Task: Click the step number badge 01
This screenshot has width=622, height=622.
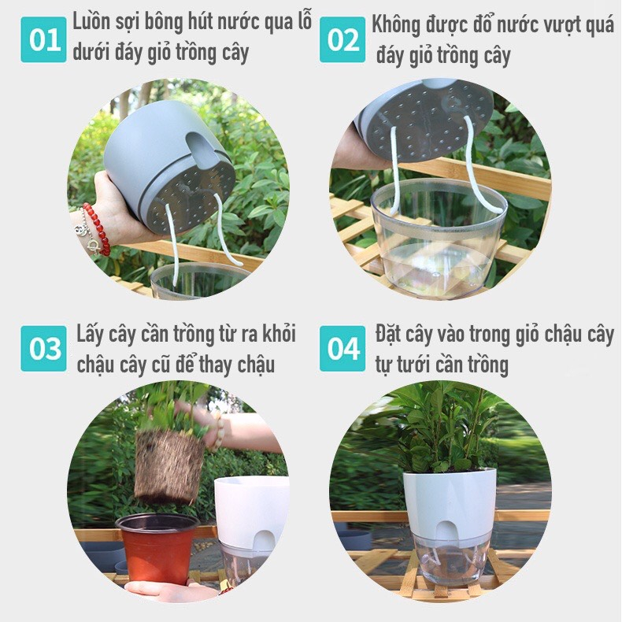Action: click(x=43, y=39)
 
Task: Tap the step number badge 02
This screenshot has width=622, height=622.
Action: click(x=342, y=39)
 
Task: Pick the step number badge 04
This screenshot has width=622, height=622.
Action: click(x=342, y=348)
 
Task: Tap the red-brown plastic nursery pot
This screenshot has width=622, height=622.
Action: click(x=157, y=548)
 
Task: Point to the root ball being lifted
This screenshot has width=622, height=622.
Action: click(x=168, y=465)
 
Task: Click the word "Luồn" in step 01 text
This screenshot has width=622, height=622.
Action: click(x=91, y=21)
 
